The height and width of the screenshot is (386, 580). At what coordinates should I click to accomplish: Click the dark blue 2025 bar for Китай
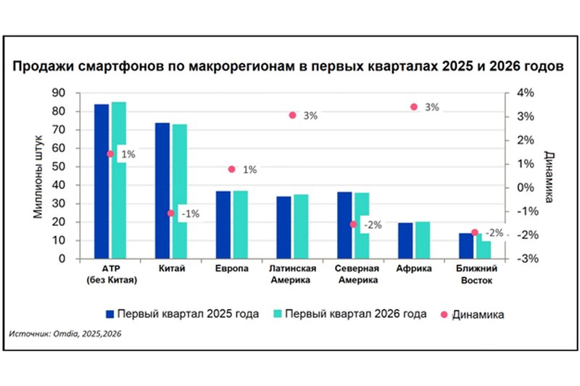tap(162, 190)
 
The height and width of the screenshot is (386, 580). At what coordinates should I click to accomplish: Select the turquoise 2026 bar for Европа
tap(241, 225)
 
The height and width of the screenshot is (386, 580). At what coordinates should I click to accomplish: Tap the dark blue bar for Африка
tap(405, 240)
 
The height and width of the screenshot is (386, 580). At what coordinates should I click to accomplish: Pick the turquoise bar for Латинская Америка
tap(301, 227)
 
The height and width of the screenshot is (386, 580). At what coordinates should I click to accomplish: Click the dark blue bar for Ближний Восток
tap(466, 246)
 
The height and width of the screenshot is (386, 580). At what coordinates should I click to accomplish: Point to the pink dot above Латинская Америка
tap(293, 115)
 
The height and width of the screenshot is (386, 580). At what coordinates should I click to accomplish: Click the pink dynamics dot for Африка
tap(414, 106)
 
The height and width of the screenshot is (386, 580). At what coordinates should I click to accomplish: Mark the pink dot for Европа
tap(232, 169)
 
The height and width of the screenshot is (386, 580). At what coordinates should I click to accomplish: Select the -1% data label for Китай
tap(191, 214)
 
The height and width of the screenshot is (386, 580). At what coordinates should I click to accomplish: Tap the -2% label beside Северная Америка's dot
tap(373, 225)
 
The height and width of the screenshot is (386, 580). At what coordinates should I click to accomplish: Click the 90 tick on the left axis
tap(59, 93)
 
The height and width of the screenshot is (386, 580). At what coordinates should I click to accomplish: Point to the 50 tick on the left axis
tap(59, 167)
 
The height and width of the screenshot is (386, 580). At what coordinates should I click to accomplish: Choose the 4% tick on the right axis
tap(525, 93)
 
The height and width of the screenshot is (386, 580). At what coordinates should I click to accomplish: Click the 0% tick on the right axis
tap(525, 188)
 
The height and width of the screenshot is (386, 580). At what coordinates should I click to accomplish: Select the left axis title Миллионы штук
tap(38, 177)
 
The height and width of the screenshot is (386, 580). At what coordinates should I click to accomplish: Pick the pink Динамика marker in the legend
tap(444, 315)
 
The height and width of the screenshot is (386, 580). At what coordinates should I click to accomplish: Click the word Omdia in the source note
tap(65, 334)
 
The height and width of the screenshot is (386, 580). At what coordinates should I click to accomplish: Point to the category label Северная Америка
tap(357, 274)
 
